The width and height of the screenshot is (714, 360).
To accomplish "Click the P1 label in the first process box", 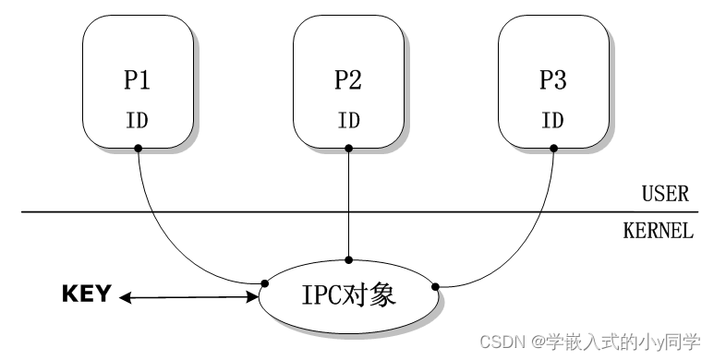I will point(137,81).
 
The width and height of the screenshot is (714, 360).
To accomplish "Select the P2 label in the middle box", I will point(347,81).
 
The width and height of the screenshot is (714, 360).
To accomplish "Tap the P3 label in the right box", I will point(552,81).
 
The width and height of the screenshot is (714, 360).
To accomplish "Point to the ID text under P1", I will point(137,120).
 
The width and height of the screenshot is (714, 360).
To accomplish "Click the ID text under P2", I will point(347,120).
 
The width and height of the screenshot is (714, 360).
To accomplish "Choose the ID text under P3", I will point(552,120).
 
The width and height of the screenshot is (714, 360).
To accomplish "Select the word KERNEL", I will point(658,231).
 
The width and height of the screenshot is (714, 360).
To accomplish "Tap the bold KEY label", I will point(86,294).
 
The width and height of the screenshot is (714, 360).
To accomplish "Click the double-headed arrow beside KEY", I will point(189,297).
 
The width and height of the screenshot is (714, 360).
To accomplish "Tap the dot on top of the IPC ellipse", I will point(348,260).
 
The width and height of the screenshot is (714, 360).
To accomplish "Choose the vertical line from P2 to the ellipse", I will point(348,203).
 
